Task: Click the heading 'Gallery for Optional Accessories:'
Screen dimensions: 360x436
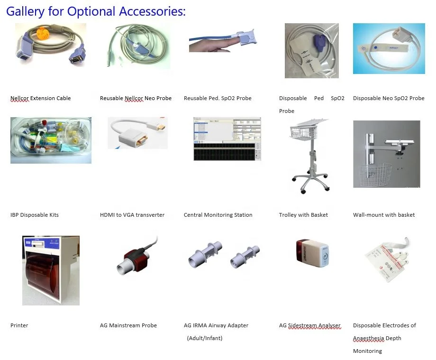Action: point(96,11)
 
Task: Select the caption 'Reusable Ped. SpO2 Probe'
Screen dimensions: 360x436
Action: point(218,98)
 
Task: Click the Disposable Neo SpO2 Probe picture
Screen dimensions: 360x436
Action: point(389,49)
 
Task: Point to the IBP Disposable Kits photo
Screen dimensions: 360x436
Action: point(51,140)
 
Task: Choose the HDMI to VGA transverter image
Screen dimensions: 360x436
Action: point(137,133)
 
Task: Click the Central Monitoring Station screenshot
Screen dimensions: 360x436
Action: point(227,138)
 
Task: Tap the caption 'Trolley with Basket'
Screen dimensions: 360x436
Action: point(303,215)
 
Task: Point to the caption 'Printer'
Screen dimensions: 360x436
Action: point(19,325)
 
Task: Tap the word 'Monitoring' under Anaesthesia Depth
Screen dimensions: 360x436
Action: point(367,351)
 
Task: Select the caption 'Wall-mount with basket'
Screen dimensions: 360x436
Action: point(384,215)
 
